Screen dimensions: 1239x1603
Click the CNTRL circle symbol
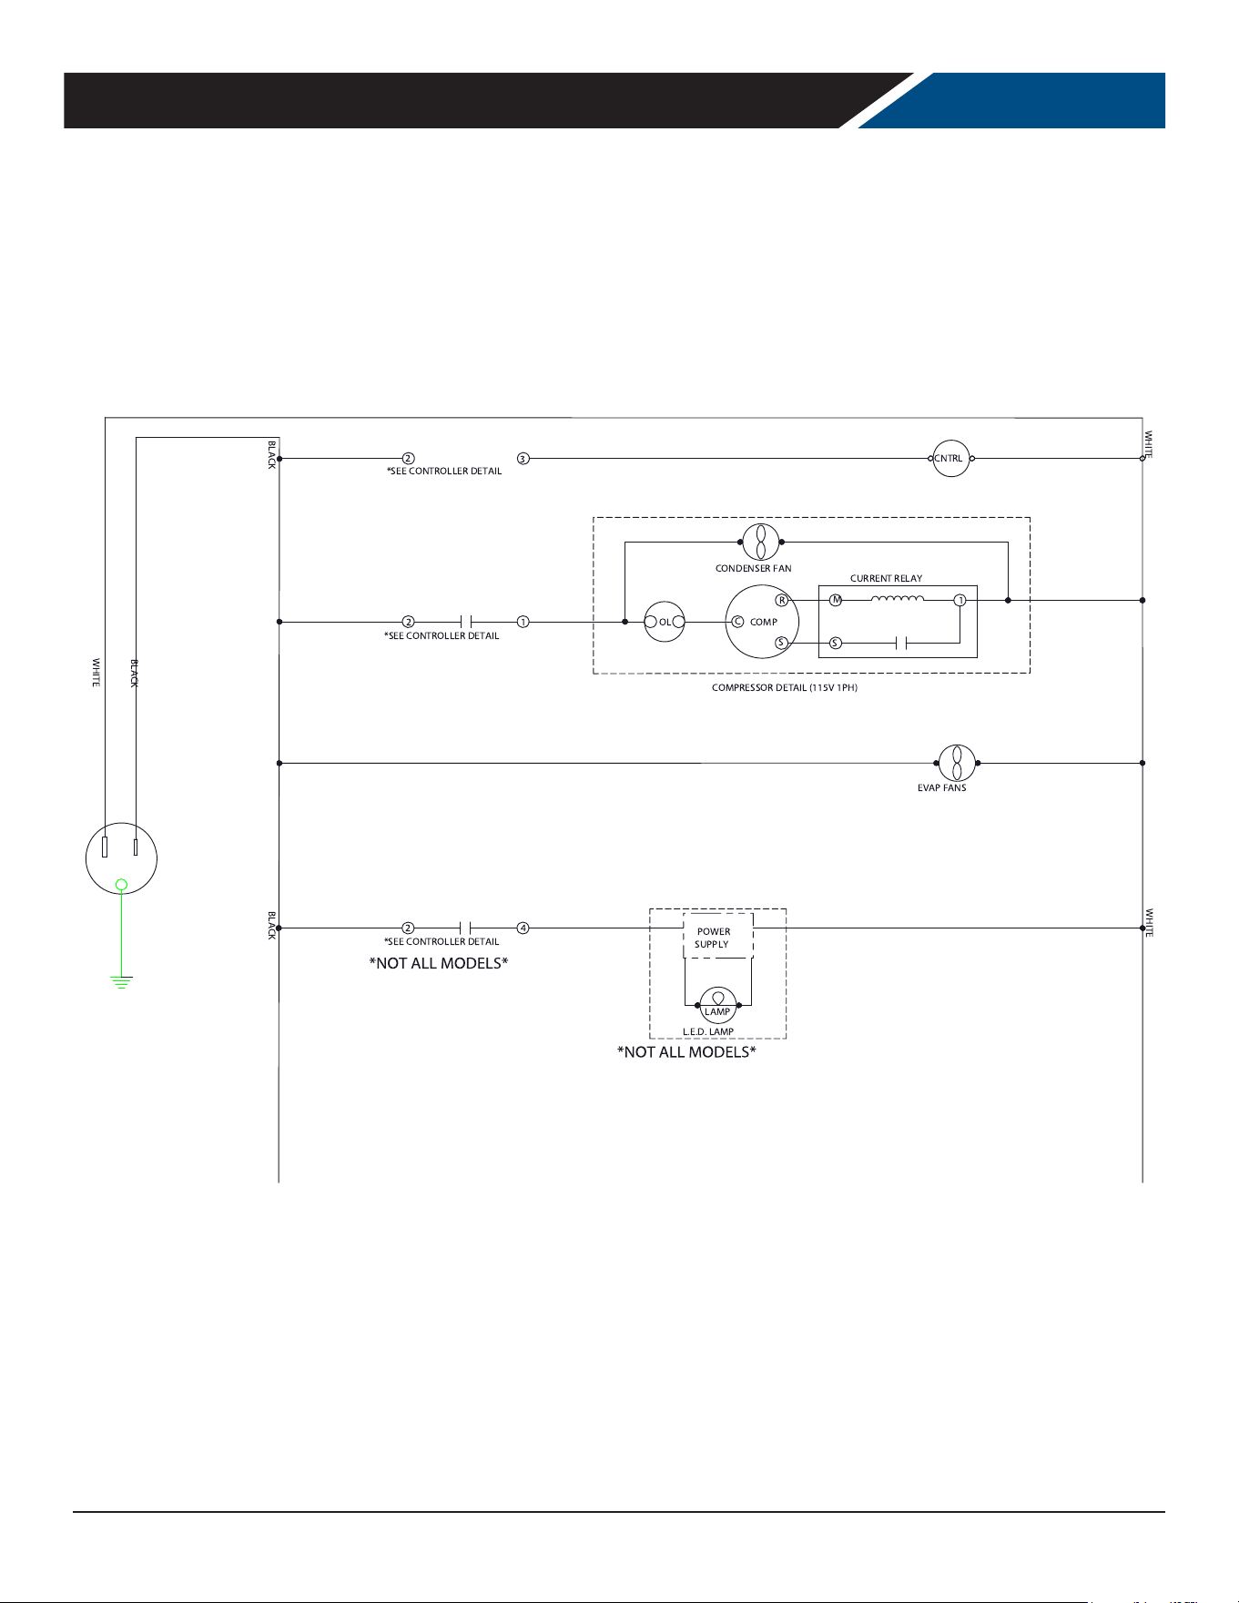pyautogui.click(x=951, y=459)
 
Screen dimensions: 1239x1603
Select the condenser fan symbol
pyautogui.click(x=761, y=542)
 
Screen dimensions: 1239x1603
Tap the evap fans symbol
pyautogui.click(x=957, y=763)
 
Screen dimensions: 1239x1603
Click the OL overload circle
pyautogui.click(x=665, y=622)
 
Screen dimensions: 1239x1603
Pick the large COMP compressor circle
pyautogui.click(x=762, y=622)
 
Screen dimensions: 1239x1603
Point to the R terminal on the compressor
pyautogui.click(x=782, y=601)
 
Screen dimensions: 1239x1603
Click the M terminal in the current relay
pyautogui.click(x=836, y=601)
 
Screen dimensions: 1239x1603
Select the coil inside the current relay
pyautogui.click(x=898, y=598)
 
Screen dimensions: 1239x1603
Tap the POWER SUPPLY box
pyautogui.click(x=718, y=935)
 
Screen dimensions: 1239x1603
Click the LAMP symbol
pyautogui.click(x=718, y=1005)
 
